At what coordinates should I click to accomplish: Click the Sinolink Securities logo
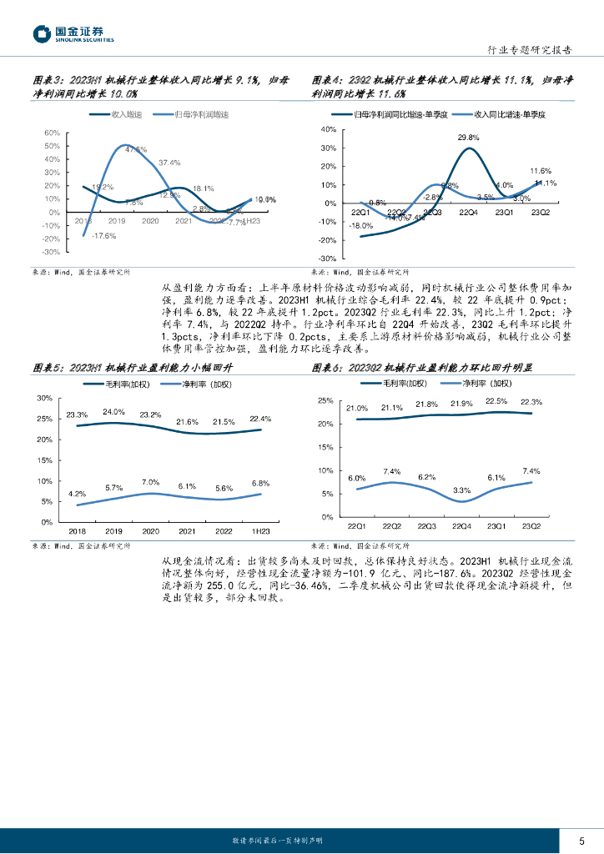point(73,34)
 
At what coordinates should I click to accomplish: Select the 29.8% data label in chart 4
point(468,138)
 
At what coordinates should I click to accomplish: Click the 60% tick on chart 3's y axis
point(50,133)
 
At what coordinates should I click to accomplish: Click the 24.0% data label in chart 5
point(113,412)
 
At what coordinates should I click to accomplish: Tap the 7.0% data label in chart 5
point(150,482)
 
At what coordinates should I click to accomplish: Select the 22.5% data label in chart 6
point(496,401)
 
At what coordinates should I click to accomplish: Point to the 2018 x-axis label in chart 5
point(77,530)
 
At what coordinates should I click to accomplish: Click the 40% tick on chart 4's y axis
point(327,129)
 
